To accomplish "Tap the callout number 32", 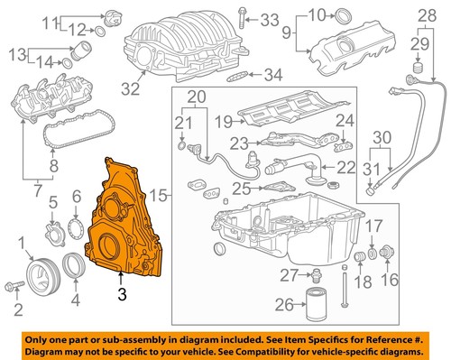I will click(132, 88).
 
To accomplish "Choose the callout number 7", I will click(35, 190).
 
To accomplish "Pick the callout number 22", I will click(346, 166).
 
